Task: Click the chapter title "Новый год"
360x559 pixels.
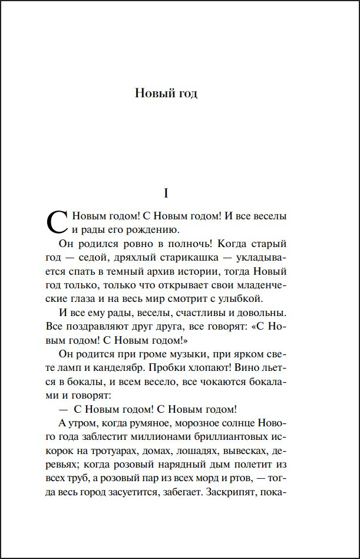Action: click(166, 93)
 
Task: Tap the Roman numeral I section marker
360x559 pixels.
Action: click(166, 193)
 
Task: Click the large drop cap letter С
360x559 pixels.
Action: click(58, 222)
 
